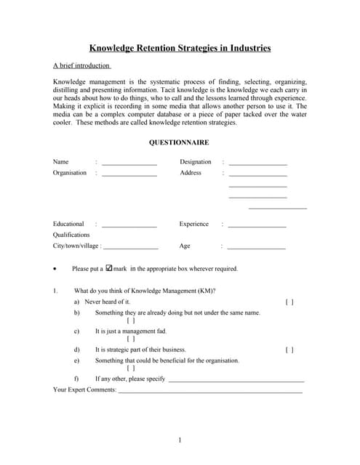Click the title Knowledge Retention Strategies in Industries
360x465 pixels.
(180, 49)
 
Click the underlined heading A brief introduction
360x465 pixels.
(82, 65)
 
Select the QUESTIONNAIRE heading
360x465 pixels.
(179, 142)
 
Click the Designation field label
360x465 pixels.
(196, 162)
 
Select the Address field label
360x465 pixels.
(191, 173)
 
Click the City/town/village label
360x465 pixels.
(75, 246)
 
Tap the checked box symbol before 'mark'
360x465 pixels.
(109, 268)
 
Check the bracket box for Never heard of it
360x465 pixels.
(289, 302)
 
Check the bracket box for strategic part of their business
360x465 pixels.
(289, 349)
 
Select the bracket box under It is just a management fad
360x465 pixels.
(131, 339)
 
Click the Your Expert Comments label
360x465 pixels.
(84, 390)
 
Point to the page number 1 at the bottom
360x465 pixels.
(180, 440)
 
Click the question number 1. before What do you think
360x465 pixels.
(55, 291)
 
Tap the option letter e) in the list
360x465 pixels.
(76, 360)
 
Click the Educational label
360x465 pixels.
(68, 225)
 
